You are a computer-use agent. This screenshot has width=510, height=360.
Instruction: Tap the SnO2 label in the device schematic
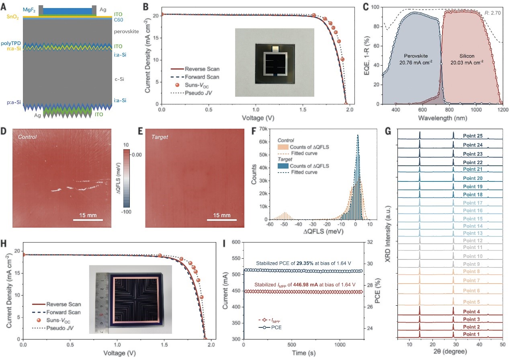[12, 17]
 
